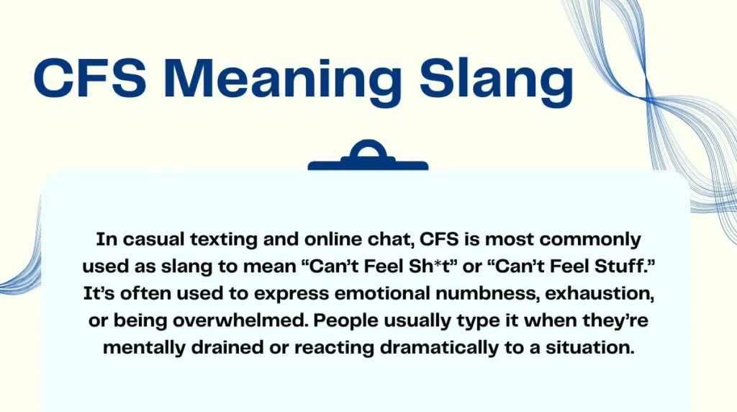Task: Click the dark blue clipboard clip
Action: click(368, 158)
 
